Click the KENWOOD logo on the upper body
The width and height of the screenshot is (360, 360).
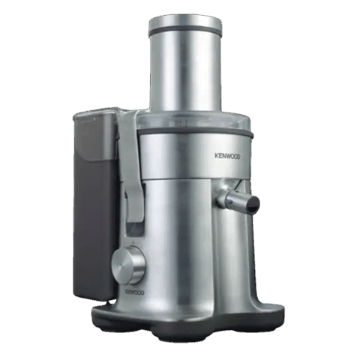pyautogui.click(x=227, y=157)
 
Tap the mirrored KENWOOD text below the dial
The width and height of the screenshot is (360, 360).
pyautogui.click(x=135, y=292)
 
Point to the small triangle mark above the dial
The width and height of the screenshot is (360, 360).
pyautogui.click(x=133, y=242)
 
